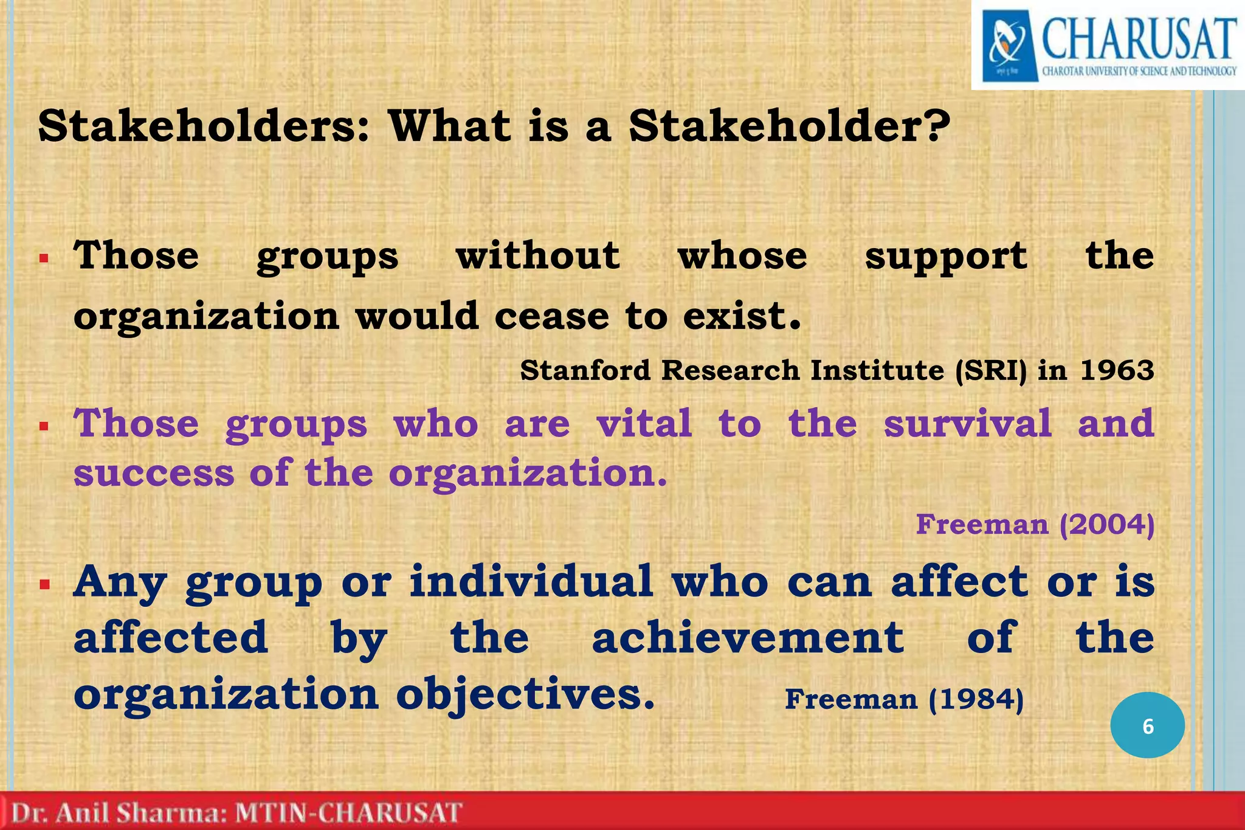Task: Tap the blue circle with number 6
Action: tap(1147, 725)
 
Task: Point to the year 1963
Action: tap(1117, 370)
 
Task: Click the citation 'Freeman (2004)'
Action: tap(1035, 524)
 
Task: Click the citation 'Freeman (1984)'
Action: tap(904, 699)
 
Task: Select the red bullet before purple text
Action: tap(44, 426)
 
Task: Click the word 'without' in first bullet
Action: tap(538, 255)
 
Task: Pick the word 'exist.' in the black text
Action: tap(742, 317)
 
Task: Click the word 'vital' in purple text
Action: tap(644, 423)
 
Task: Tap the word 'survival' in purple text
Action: tap(967, 423)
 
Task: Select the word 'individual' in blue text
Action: tap(531, 581)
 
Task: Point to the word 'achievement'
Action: tap(748, 638)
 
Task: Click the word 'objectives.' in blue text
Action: tap(526, 695)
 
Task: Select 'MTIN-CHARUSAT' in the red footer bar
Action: tap(348, 813)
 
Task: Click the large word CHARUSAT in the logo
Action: tap(1139, 40)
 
